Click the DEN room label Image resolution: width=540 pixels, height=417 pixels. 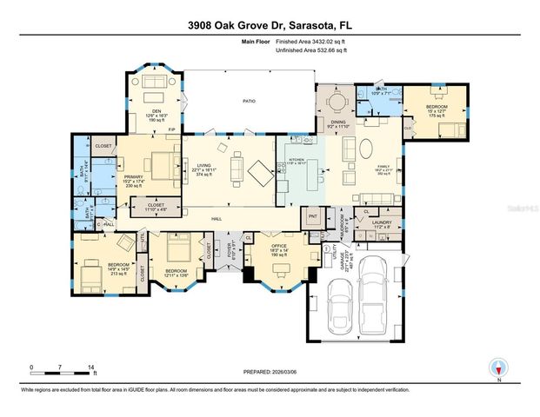coord(157,111)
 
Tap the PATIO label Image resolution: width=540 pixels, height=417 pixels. coord(249,102)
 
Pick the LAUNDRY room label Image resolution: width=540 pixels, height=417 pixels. coord(381,222)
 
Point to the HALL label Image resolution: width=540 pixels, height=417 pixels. coord(217,219)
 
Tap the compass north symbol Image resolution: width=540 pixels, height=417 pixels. coord(498,368)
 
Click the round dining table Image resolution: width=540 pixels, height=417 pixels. coord(335,102)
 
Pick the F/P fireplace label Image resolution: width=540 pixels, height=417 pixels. coord(173,130)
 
